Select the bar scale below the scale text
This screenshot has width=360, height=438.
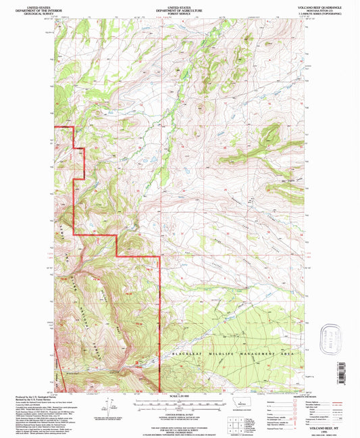(x=180, y=403)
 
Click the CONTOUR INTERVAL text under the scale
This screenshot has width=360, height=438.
(x=180, y=414)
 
